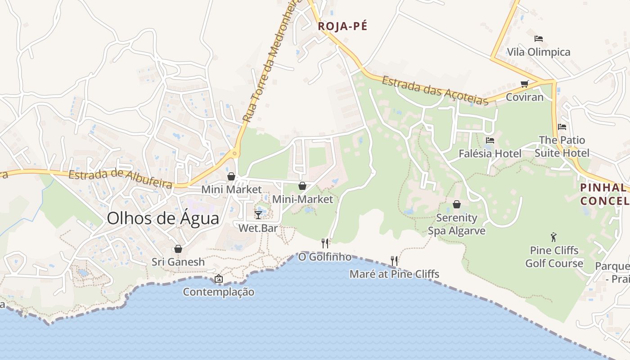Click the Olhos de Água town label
tap(163, 219)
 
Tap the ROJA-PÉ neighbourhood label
tap(342, 26)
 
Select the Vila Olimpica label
tap(539, 52)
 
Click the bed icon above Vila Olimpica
tap(539, 39)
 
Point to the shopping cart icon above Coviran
tap(524, 84)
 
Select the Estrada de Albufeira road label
tap(121, 178)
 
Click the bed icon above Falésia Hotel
tap(490, 140)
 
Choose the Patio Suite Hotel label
tap(562, 147)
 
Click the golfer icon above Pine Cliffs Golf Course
tap(553, 237)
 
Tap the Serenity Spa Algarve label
tap(456, 224)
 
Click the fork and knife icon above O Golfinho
tap(325, 243)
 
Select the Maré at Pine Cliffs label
tap(394, 274)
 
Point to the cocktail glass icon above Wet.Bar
tap(258, 215)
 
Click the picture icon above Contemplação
tap(218, 279)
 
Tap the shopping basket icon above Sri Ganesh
tap(178, 249)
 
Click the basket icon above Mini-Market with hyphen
tap(302, 186)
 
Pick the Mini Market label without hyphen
tap(231, 189)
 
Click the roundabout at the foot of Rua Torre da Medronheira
tap(234, 154)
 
